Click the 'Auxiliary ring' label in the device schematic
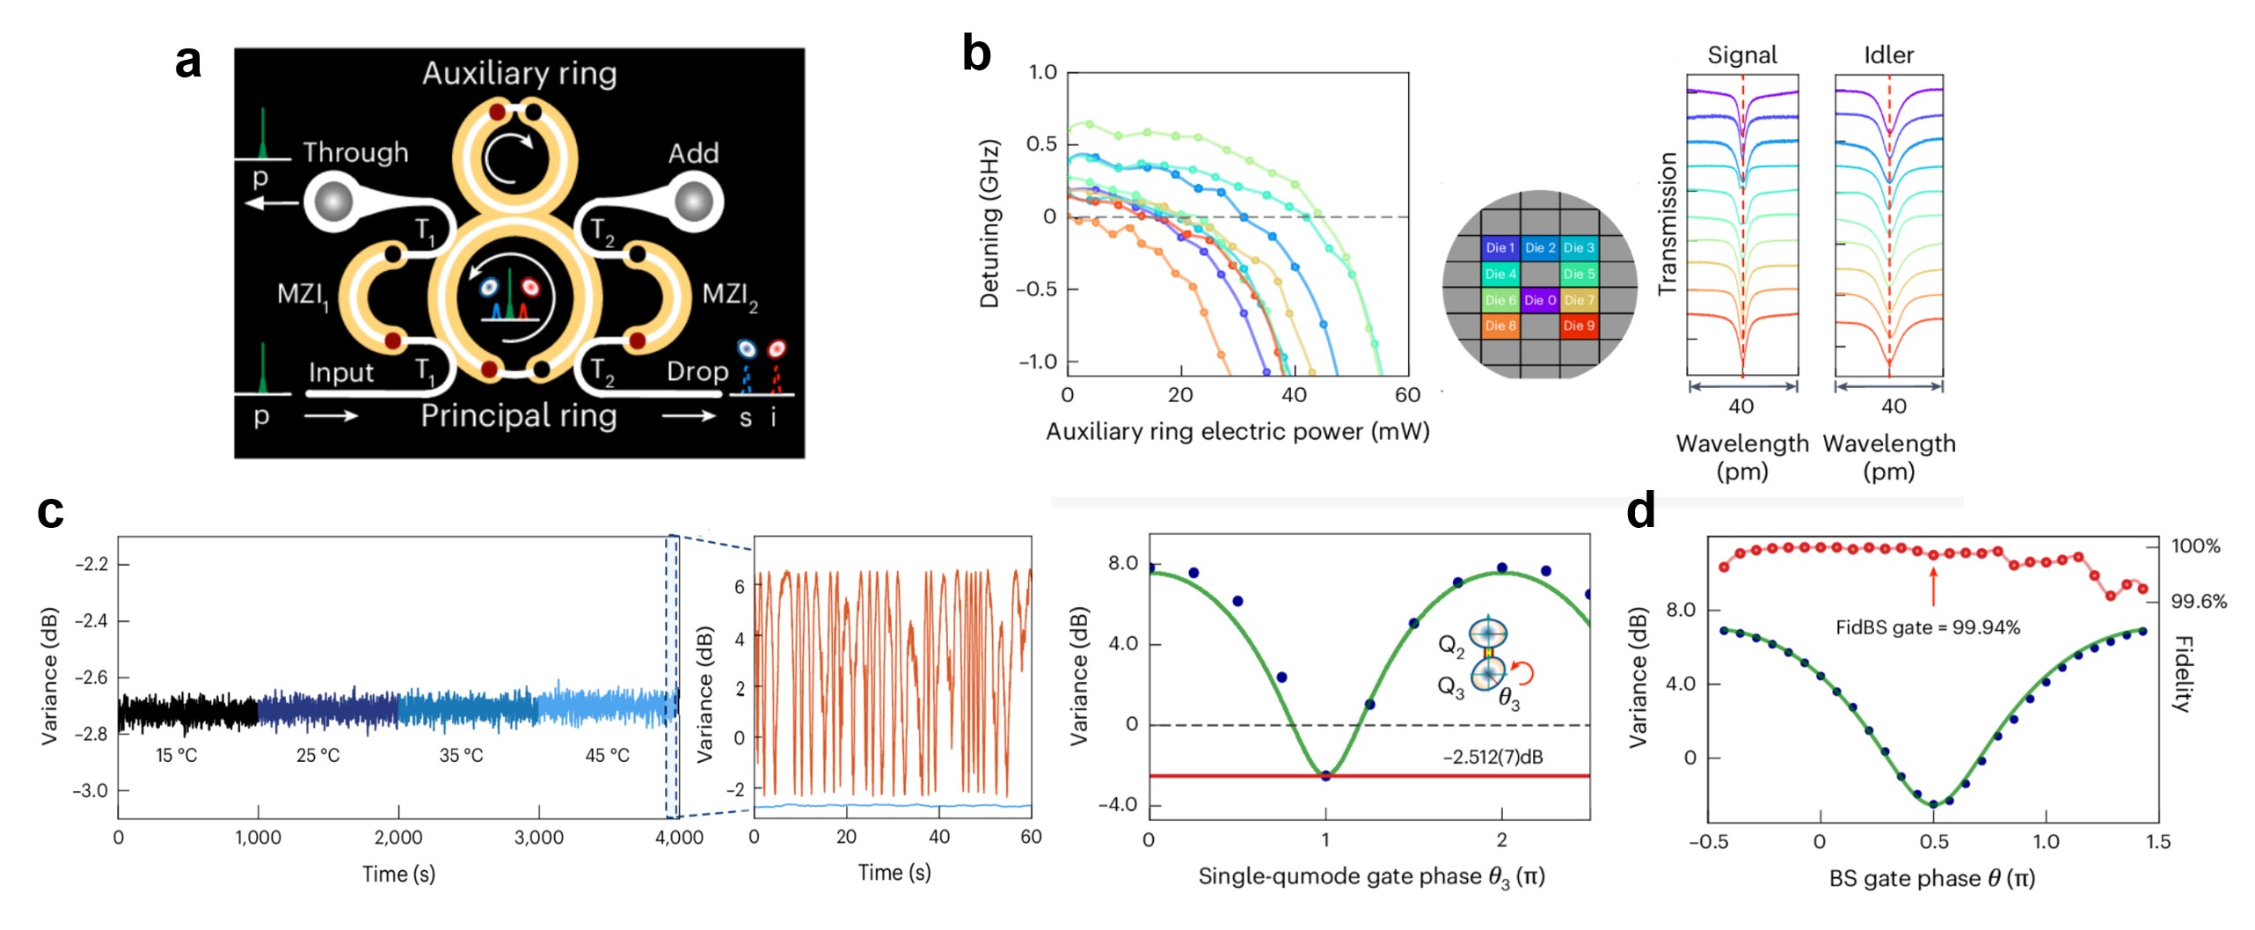[x=519, y=73]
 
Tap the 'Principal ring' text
[x=519, y=415]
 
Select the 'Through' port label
[x=355, y=153]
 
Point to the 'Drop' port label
[x=697, y=371]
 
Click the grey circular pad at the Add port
[x=694, y=201]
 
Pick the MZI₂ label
[x=729, y=295]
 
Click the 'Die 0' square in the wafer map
[x=1540, y=300]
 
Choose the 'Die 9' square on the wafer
[x=1579, y=326]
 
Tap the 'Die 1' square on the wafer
[x=1500, y=248]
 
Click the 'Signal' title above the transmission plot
[x=1741, y=55]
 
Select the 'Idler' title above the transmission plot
[x=1888, y=55]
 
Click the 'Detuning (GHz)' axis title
[x=989, y=223]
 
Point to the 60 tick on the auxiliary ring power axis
[x=1407, y=395]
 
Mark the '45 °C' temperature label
[x=607, y=755]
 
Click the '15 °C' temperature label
[x=176, y=755]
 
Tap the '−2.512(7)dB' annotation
[x=1492, y=757]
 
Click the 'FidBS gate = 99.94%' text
[x=1927, y=627]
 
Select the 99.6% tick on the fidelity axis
[x=2199, y=602]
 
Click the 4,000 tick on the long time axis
[x=679, y=838]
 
